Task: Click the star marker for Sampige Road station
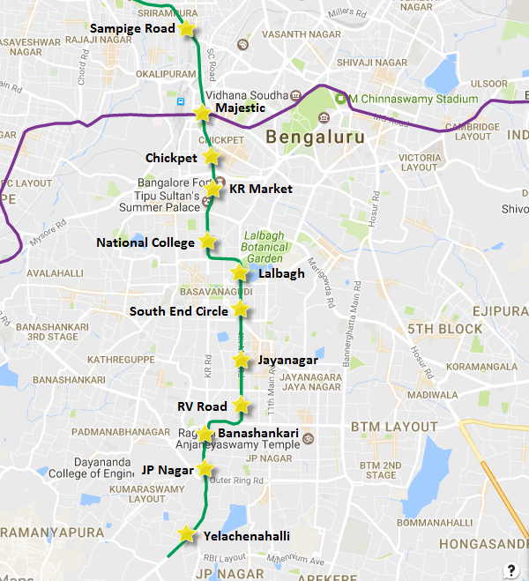click(x=186, y=29)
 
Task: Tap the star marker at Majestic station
click(x=202, y=113)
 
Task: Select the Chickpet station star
click(x=210, y=156)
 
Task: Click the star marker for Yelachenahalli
click(x=186, y=534)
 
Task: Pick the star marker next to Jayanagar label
click(x=241, y=360)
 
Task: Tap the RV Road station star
click(x=241, y=406)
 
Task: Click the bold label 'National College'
click(x=145, y=242)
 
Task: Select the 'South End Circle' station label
click(x=178, y=311)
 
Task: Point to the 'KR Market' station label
click(x=260, y=189)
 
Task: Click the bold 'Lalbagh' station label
click(x=281, y=273)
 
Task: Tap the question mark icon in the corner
click(x=511, y=569)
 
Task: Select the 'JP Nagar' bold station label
click(x=166, y=469)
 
